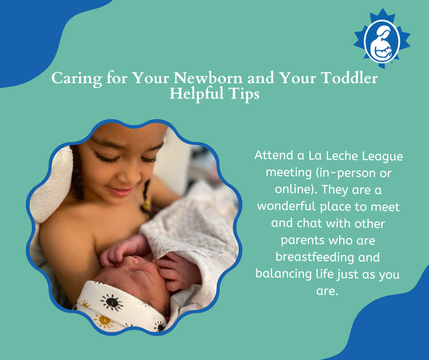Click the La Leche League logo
point(382,38)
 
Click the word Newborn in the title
point(208,78)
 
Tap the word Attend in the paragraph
point(274,155)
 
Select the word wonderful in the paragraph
point(287,206)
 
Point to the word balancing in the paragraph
point(283,274)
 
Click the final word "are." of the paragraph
point(327,291)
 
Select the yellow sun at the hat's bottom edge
point(104,321)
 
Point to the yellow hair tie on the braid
point(146,204)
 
